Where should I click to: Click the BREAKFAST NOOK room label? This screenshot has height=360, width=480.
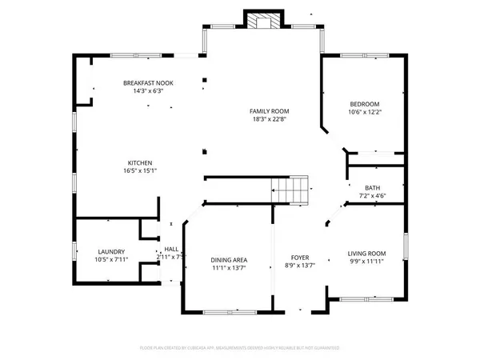tap(148, 83)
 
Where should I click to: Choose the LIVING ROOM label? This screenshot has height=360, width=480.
tap(366, 254)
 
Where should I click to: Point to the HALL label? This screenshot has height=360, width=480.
tap(171, 249)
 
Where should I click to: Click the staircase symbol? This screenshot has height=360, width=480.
tap(290, 190)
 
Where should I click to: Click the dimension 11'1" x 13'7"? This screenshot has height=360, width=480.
tap(229, 269)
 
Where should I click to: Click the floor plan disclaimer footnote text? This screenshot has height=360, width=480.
tap(240, 348)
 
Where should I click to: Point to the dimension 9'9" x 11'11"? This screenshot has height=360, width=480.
tap(366, 262)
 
